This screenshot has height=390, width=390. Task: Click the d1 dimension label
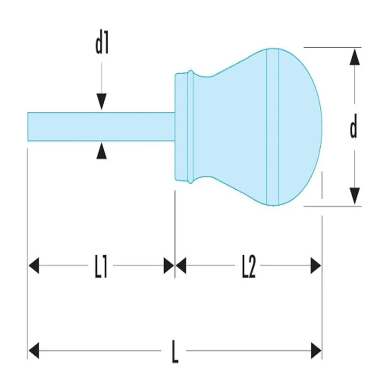point(102,45)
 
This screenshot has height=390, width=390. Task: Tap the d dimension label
point(353,126)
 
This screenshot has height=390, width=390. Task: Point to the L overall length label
point(175,352)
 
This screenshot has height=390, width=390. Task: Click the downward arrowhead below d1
point(101,101)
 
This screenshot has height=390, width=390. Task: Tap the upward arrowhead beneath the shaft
point(101,152)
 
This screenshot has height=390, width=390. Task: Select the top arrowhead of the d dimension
point(354,57)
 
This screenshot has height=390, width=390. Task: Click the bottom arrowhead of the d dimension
point(354,196)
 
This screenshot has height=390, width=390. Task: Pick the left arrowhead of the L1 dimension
point(34,266)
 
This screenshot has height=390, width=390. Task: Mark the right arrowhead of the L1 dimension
point(169,266)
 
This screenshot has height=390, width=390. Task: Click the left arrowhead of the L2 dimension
point(181,266)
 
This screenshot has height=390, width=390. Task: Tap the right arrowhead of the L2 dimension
point(316,266)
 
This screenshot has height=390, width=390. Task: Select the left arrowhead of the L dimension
point(34,351)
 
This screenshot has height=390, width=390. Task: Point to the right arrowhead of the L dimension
point(316,351)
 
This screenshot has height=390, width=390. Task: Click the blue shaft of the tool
point(101,127)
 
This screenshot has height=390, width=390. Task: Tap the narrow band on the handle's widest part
point(273,127)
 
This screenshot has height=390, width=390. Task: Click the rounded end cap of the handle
point(300,127)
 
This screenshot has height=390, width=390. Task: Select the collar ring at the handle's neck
point(190,127)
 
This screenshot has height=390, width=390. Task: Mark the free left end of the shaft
point(28,127)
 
